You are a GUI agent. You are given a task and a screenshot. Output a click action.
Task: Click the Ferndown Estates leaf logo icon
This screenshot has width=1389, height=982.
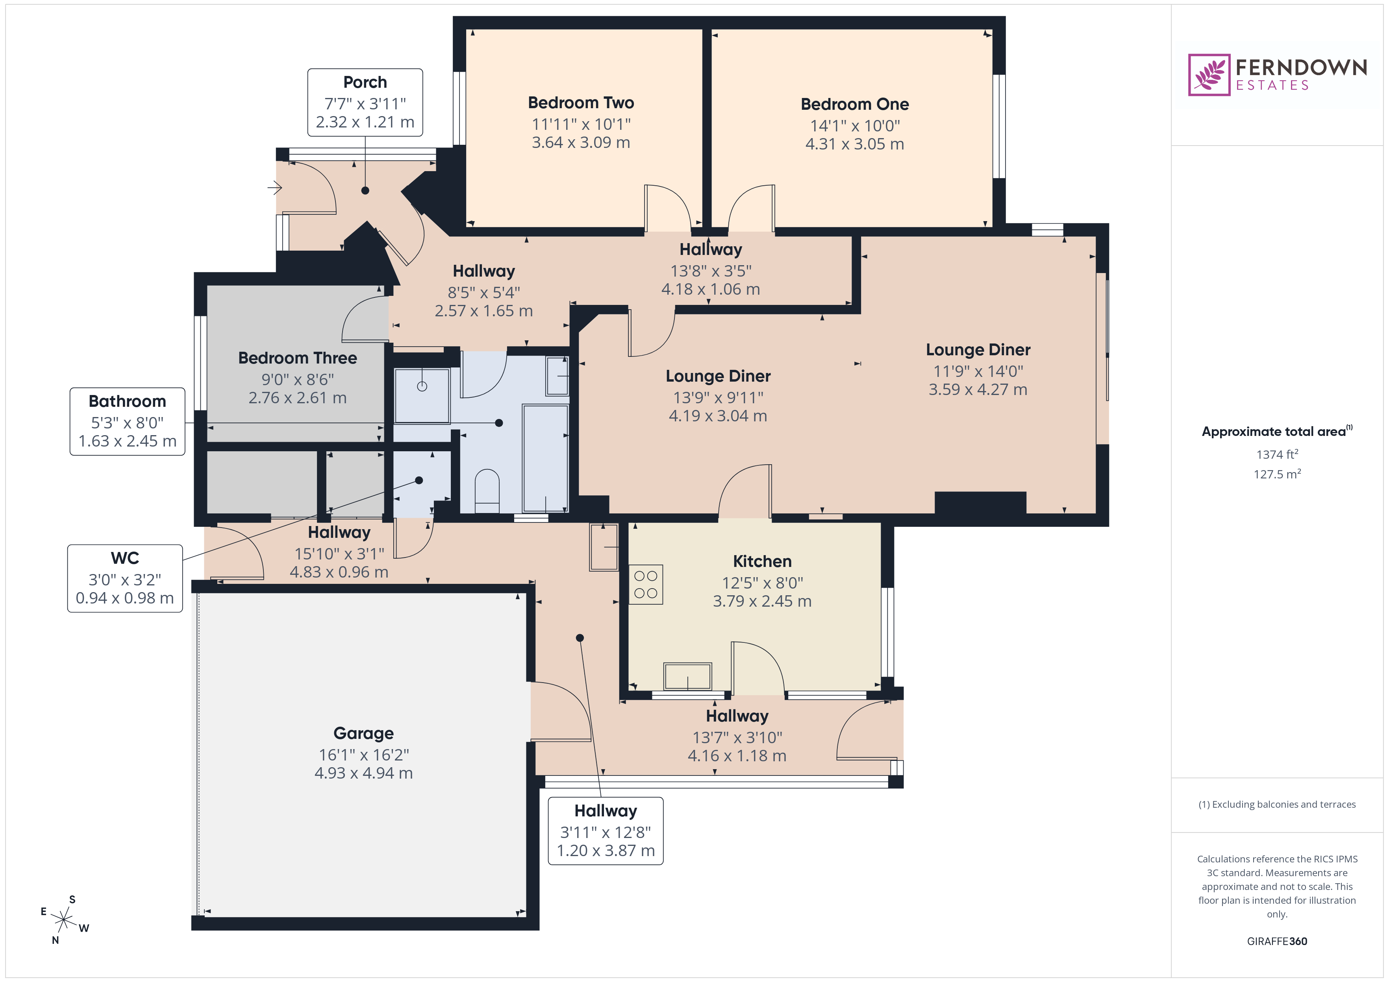click(x=1208, y=75)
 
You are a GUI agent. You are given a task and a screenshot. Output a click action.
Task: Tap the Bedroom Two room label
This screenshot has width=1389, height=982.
click(x=581, y=103)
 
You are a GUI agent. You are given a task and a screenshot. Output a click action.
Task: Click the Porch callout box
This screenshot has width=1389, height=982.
click(x=365, y=102)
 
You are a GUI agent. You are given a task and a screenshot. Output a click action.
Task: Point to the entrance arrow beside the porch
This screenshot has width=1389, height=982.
click(x=275, y=188)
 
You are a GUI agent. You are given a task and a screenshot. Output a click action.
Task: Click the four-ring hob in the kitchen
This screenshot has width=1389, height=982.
click(x=646, y=584)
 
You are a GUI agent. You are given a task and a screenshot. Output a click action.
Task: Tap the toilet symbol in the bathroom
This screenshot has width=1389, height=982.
click(x=487, y=490)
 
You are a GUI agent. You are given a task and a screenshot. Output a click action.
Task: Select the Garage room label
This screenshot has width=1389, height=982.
click(x=363, y=733)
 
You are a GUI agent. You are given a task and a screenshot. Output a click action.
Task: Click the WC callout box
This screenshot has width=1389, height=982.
click(x=125, y=578)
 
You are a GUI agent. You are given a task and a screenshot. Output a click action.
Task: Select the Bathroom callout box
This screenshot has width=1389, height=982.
click(x=127, y=421)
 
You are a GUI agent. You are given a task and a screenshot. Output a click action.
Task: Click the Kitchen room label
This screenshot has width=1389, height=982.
click(x=762, y=561)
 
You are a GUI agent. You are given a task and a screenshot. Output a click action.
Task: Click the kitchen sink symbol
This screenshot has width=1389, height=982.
click(x=687, y=676)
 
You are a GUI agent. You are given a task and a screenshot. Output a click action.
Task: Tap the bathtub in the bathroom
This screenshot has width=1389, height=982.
click(x=545, y=458)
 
